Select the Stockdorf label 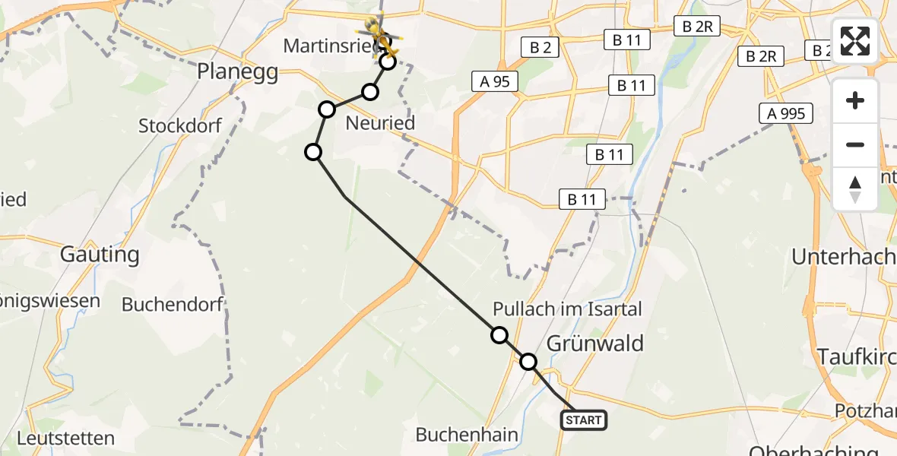click(180, 125)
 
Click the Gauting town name click(100, 255)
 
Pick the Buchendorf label click(173, 305)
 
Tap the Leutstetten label click(65, 439)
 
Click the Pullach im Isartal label click(567, 309)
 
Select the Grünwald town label click(594, 343)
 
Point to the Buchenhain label click(467, 435)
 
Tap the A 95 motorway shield click(495, 81)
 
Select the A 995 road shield click(786, 114)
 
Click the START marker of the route click(584, 420)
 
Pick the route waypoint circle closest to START click(528, 362)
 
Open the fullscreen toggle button click(855, 41)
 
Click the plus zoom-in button click(855, 100)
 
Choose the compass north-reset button click(855, 188)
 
